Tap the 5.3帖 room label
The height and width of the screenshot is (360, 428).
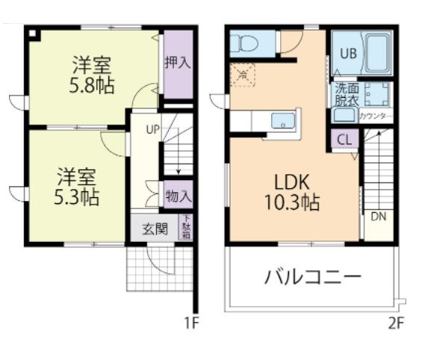78,198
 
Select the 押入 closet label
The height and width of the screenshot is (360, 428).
178,63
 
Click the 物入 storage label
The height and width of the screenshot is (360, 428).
178,196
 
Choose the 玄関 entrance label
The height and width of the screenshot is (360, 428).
155,229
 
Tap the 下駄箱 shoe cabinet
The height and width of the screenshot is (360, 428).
186,229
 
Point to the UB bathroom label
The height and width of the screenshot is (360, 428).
349,54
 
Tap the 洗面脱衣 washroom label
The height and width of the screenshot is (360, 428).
344,93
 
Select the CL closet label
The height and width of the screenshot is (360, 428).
344,140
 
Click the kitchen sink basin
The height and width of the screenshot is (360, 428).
283,120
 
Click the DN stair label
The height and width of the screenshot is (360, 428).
378,217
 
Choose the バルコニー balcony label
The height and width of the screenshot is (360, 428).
313,278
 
